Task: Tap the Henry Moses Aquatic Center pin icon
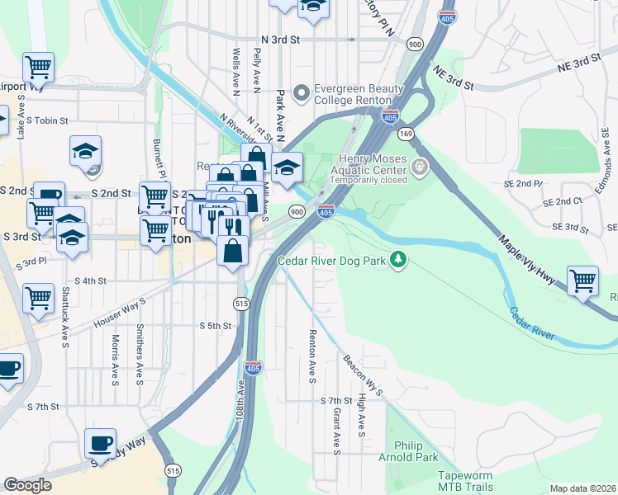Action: tap(421, 167)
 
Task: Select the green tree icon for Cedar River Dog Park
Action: tap(399, 260)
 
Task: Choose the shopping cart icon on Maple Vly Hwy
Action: tap(583, 281)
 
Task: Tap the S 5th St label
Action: tap(215, 326)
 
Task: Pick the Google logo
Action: tap(27, 485)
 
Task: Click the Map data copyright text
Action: tap(583, 488)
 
